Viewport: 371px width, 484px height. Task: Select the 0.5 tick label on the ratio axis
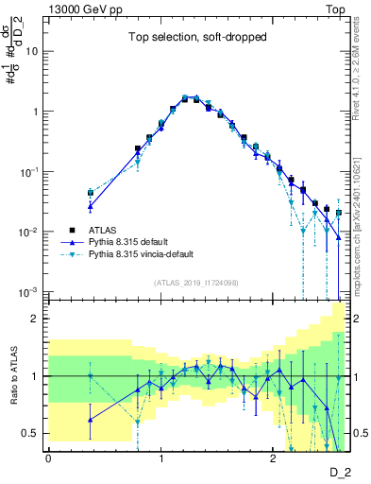click(x=33, y=433)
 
